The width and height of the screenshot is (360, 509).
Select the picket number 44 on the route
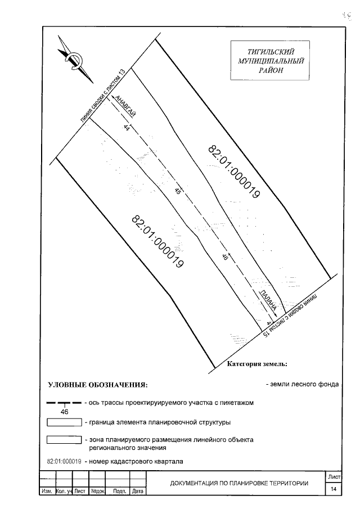pos(127,129)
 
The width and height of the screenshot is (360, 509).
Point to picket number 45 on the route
pos(178,192)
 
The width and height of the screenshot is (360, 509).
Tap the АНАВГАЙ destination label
pos(125,105)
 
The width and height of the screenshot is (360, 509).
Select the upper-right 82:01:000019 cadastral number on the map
pos(233,172)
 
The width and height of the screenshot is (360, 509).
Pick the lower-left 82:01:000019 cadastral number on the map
pos(158,242)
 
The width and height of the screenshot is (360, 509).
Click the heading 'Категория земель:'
pos(257,364)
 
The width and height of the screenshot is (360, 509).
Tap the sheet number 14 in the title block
pos(334,489)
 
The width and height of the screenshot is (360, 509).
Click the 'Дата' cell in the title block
pos(137,491)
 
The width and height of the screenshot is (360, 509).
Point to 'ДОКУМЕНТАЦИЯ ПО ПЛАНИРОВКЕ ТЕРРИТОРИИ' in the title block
pos(239,483)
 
